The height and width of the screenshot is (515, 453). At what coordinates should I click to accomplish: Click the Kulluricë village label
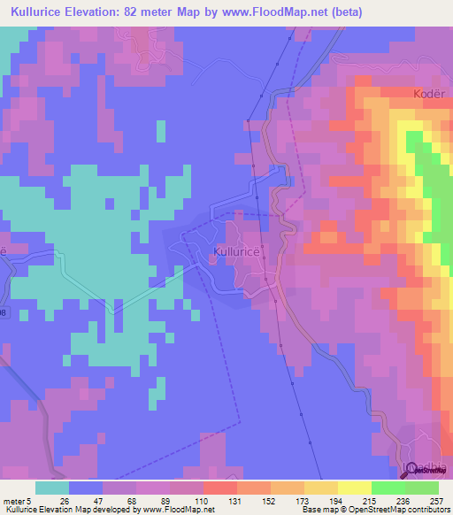click(x=236, y=252)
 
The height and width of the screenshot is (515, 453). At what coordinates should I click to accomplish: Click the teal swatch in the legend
click(x=52, y=488)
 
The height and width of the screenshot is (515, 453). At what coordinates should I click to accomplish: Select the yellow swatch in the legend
click(x=354, y=488)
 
